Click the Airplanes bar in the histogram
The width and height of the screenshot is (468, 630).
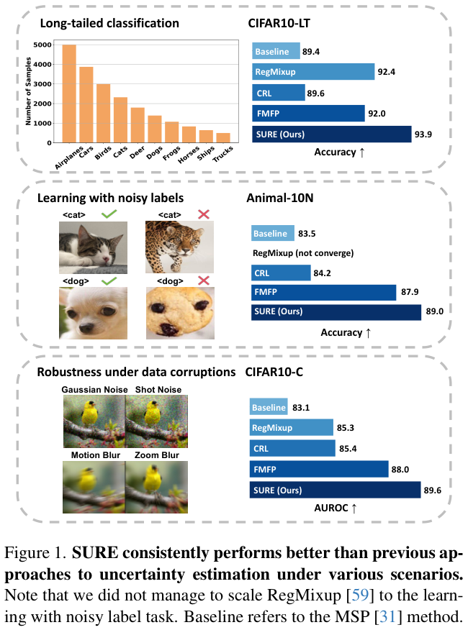coord(69,93)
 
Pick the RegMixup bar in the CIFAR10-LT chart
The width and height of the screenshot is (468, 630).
coord(313,72)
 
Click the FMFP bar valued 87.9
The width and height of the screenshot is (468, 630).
coord(324,292)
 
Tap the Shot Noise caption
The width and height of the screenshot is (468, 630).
coord(158,390)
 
